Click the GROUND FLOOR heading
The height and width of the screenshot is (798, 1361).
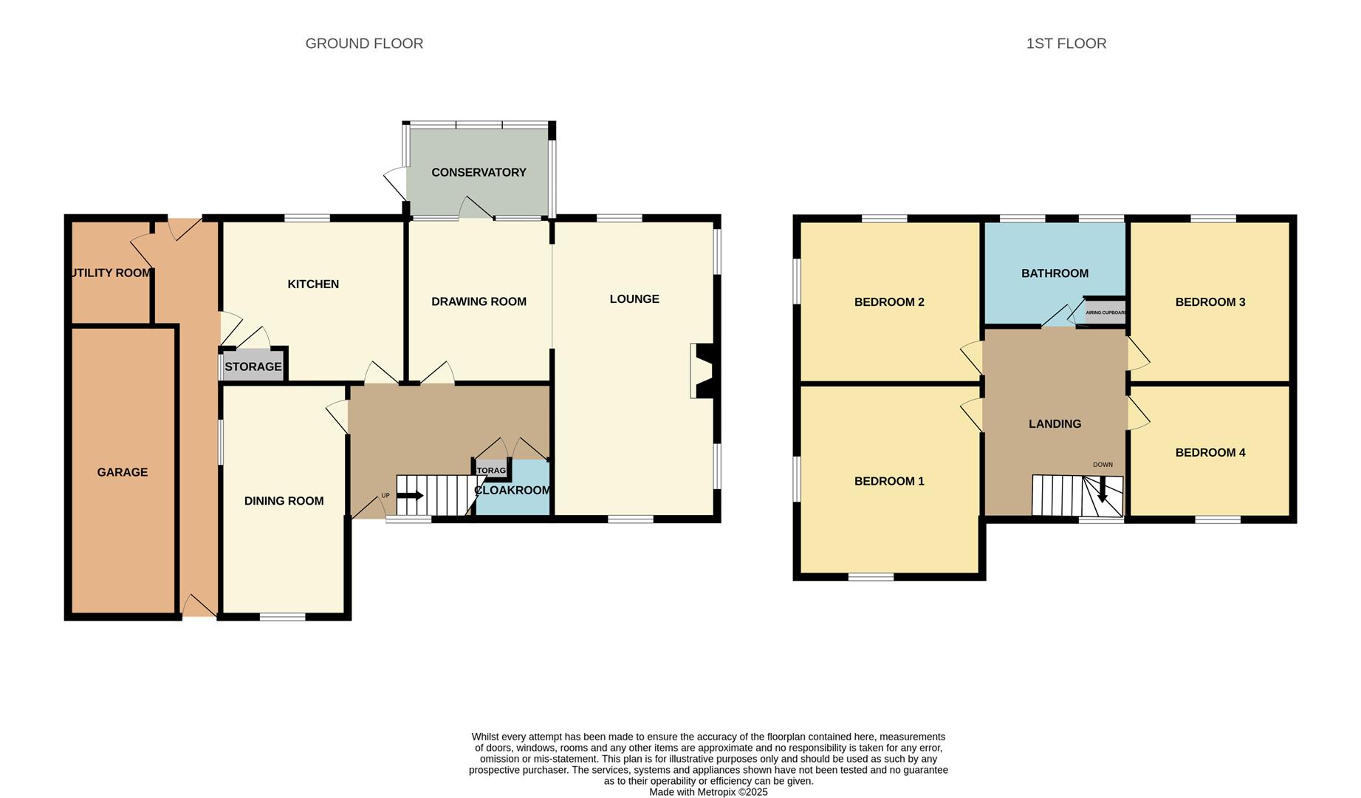364,44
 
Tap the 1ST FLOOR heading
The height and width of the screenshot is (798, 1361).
1066,44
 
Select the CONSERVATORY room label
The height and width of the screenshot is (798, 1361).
479,172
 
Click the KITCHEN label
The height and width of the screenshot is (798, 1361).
313,284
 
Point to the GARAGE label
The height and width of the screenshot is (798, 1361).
123,472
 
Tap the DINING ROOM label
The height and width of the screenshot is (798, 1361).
284,501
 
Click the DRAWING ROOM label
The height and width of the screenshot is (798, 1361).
479,301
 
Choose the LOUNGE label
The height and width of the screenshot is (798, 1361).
634,299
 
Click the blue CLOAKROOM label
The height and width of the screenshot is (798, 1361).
512,491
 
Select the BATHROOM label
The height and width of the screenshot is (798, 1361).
1055,273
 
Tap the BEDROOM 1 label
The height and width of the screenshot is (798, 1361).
889,481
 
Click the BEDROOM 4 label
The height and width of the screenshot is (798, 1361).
1210,452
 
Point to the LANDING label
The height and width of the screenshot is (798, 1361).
1055,423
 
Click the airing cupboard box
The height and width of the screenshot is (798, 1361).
1105,313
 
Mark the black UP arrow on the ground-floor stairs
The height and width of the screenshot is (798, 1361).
410,496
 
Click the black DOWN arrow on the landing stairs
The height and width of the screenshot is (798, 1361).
1103,490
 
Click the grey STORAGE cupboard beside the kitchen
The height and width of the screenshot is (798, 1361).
253,366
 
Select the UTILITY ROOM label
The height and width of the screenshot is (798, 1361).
111,273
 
